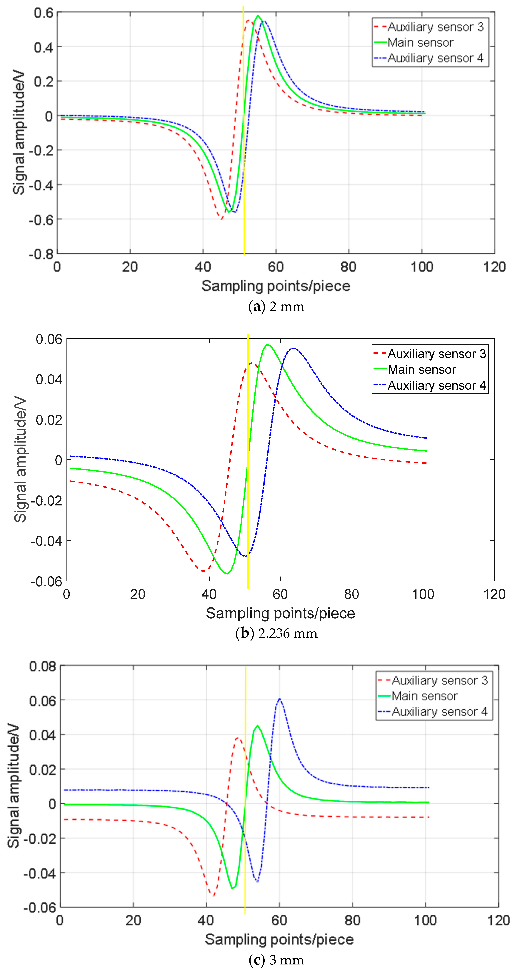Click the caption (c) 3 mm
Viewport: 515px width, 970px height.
tap(276, 960)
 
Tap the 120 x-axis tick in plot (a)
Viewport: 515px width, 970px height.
tap(494, 267)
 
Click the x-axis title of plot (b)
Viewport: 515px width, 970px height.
tap(280, 613)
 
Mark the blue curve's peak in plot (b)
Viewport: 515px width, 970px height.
tap(294, 348)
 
